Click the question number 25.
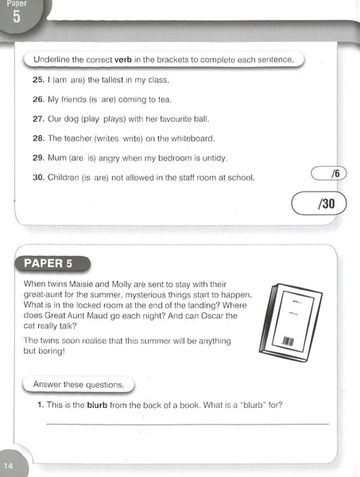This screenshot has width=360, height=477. (x=37, y=80)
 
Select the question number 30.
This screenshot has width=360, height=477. (x=37, y=177)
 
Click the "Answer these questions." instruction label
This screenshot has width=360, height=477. (x=78, y=385)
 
